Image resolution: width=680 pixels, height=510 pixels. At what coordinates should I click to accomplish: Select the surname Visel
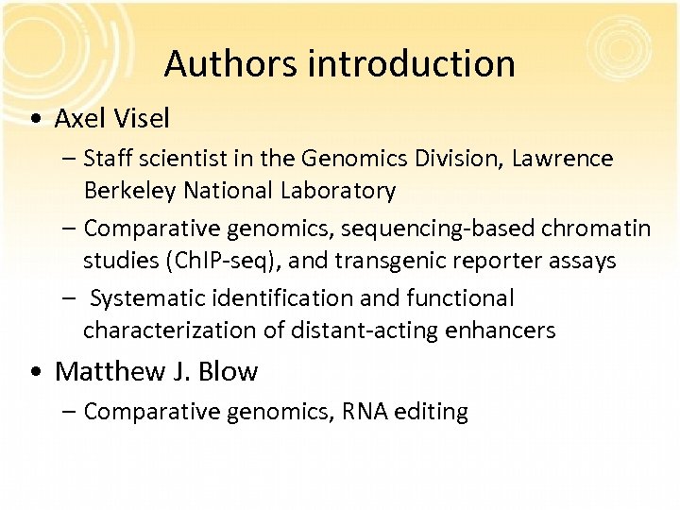tap(141, 118)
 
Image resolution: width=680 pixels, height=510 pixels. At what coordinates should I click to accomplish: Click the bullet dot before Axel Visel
tap(35, 119)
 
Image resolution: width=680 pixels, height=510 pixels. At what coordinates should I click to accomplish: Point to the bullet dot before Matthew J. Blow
tap(35, 372)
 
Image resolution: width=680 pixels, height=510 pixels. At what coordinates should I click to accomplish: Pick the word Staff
tap(109, 159)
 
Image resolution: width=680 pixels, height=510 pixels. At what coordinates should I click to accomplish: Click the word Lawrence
tap(563, 159)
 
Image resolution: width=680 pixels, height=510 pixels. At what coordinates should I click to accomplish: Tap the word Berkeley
tap(130, 191)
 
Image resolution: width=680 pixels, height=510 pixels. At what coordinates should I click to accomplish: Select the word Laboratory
tap(337, 191)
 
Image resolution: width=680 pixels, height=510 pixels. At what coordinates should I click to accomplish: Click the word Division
tap(453, 159)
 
